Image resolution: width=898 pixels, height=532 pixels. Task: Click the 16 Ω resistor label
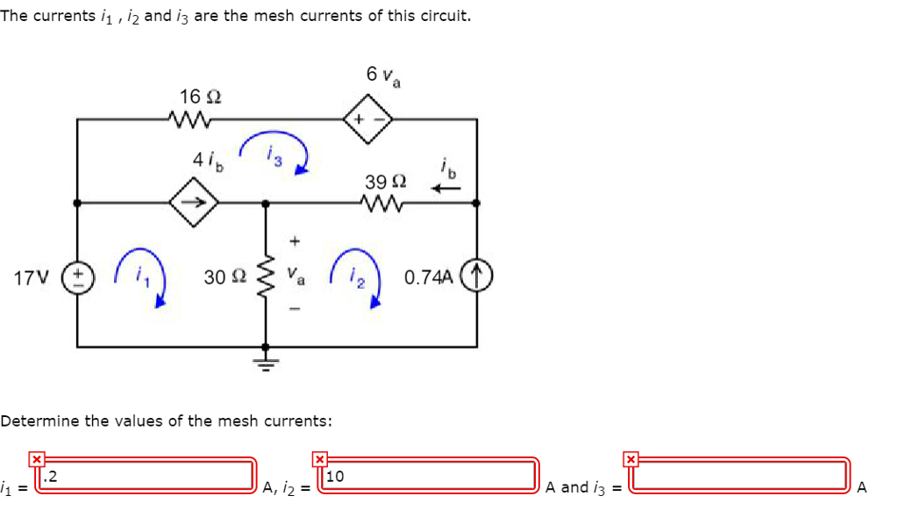tap(194, 95)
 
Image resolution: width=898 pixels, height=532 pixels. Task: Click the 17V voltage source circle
tap(77, 277)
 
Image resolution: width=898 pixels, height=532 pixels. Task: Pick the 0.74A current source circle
tap(477, 277)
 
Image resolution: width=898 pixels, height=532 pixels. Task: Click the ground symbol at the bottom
tap(265, 363)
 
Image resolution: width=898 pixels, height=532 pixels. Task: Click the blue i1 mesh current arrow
tap(140, 277)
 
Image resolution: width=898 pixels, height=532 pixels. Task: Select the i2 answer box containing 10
tap(430, 476)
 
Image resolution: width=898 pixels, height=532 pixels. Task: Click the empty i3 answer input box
tap(741, 476)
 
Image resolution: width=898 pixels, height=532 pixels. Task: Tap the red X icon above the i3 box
tap(630, 458)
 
